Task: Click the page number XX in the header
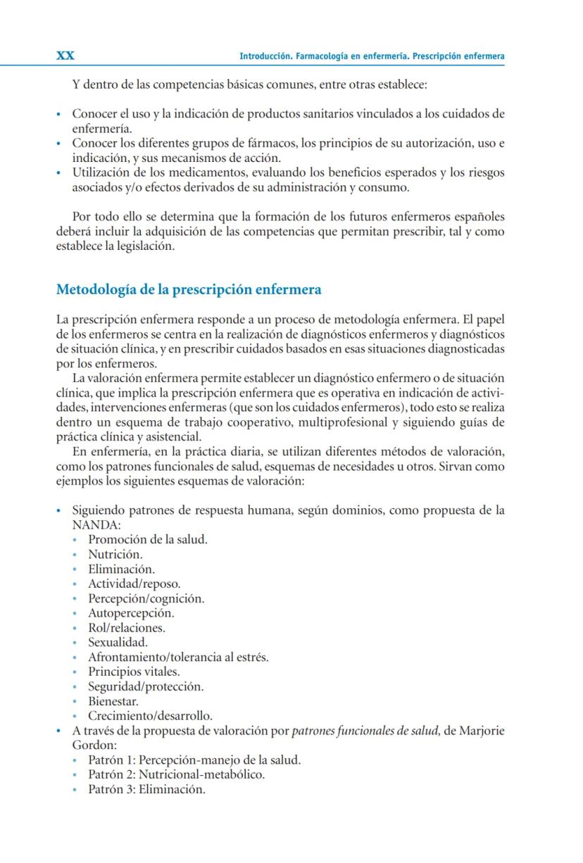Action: click(65, 56)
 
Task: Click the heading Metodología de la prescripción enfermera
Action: click(189, 289)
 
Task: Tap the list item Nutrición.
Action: click(115, 554)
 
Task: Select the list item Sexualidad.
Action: click(118, 642)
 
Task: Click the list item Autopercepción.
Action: click(131, 613)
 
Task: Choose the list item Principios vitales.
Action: click(134, 672)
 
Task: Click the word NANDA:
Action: click(96, 525)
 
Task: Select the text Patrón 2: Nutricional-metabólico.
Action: click(176, 774)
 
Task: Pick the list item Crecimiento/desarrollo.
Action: click(150, 716)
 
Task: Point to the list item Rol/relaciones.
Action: click(127, 628)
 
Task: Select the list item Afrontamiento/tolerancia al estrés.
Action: click(178, 657)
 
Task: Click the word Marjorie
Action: click(482, 731)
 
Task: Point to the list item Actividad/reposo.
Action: click(134, 584)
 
